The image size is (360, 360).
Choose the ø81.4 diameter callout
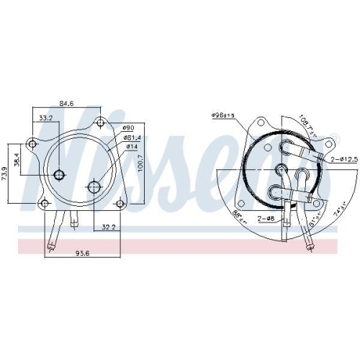132,138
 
